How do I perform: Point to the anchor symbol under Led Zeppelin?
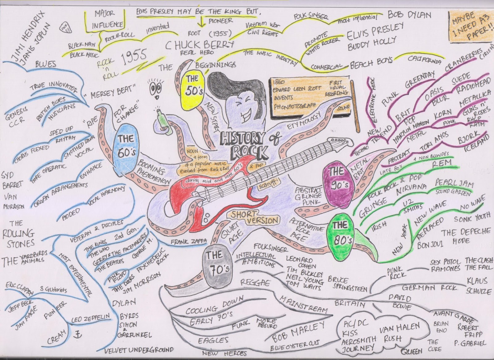77,334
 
